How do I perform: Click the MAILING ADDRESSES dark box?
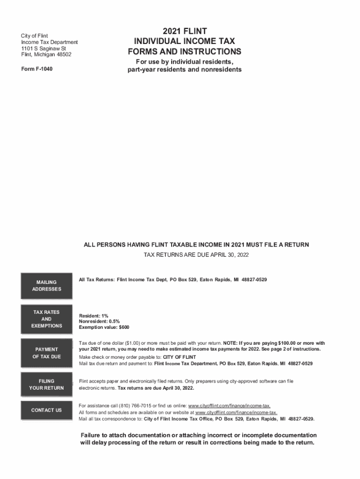click(46, 285)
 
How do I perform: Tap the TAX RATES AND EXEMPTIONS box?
click(46, 319)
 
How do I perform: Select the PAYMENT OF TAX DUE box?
click(46, 353)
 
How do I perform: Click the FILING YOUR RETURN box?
click(46, 385)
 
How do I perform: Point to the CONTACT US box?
click(46, 410)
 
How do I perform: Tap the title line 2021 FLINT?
click(185, 31)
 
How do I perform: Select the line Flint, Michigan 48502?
click(46, 55)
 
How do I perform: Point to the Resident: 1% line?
click(94, 316)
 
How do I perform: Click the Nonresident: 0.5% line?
click(100, 321)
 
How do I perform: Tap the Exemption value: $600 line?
click(104, 327)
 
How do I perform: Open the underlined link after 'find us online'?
click(229, 405)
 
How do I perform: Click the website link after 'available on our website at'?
click(236, 412)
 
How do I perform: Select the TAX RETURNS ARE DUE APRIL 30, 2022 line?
click(196, 255)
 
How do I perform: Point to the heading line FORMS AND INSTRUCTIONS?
click(185, 51)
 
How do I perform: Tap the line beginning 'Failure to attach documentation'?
click(199, 435)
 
